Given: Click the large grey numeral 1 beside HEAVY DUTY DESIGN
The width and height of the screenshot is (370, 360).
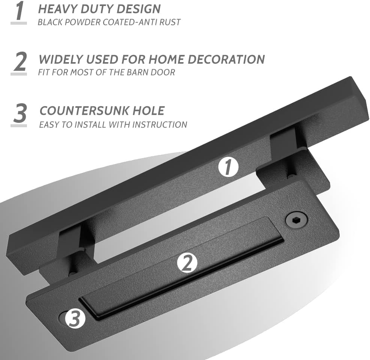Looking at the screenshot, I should pos(19,12).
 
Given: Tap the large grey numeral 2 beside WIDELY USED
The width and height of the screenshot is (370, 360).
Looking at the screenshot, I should pos(19,62).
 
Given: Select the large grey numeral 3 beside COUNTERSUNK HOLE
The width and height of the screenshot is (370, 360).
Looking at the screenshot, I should pos(19,113).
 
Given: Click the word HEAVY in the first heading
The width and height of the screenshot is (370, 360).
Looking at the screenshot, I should pos(57,9).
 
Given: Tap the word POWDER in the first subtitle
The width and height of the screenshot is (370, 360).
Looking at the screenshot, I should pos(86,22).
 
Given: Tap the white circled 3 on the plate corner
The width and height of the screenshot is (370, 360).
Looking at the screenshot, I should pos(75,319).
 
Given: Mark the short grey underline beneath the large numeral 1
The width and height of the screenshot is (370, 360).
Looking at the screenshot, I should pos(19,23).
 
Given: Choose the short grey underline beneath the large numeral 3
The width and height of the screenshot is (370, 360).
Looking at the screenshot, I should pos(19,125).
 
